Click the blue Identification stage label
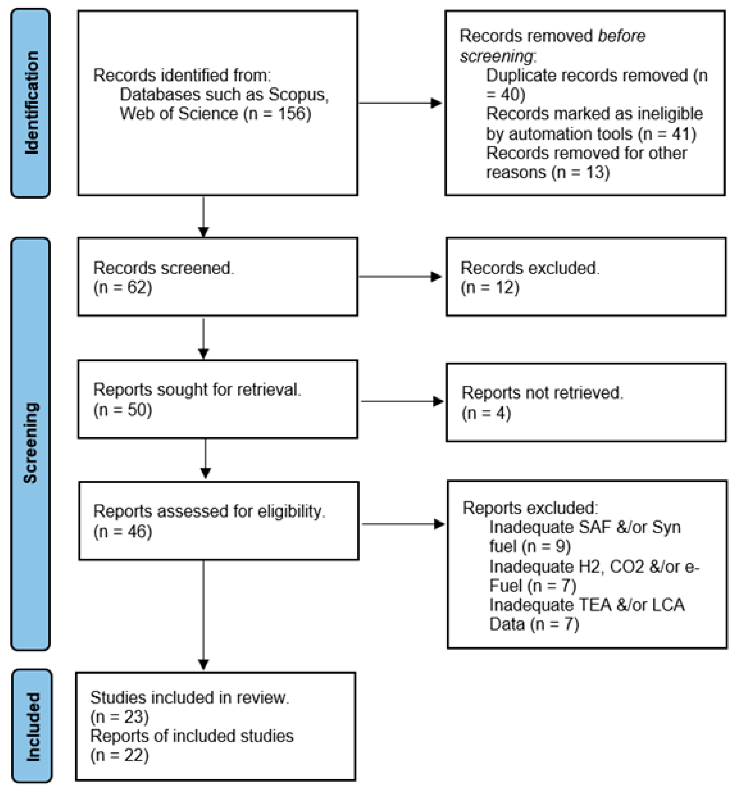tap(31, 103)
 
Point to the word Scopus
tap(298, 94)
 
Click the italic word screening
tap(496, 56)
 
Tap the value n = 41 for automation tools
tap(667, 134)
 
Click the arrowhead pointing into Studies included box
tap(203, 664)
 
